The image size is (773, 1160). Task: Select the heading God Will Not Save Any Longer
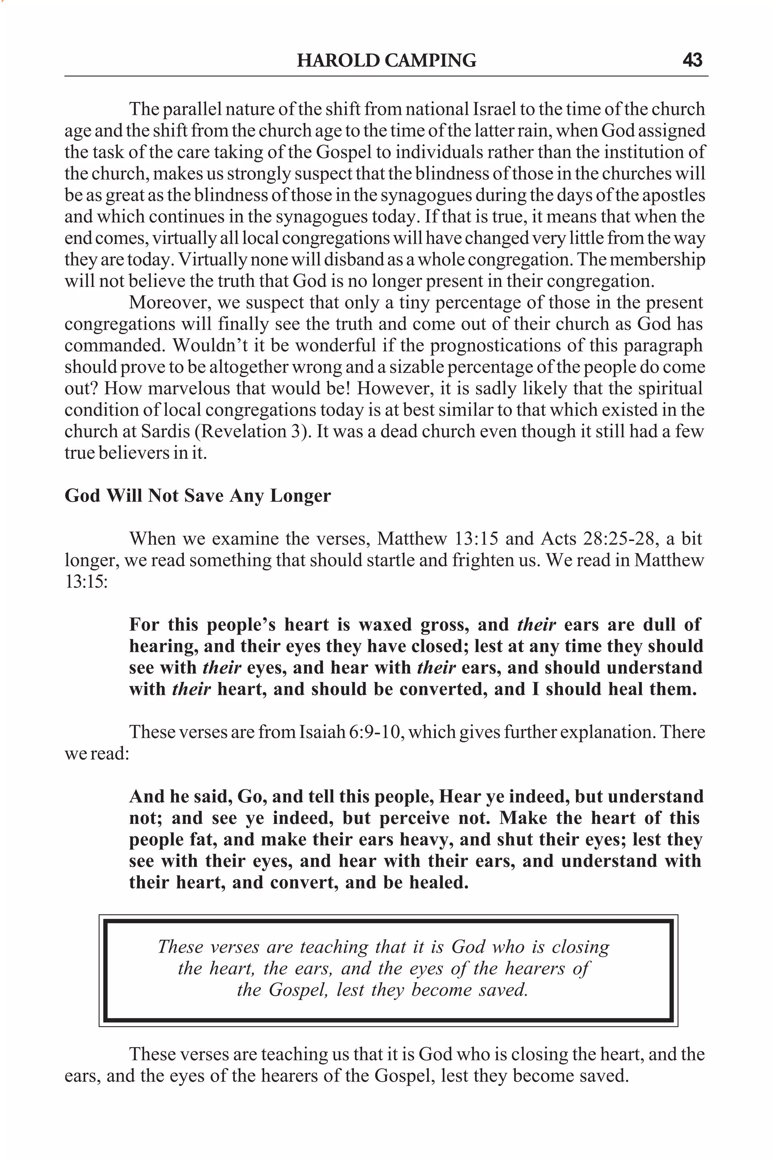pyautogui.click(x=198, y=495)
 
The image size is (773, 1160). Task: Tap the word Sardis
pyautogui.click(x=165, y=431)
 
